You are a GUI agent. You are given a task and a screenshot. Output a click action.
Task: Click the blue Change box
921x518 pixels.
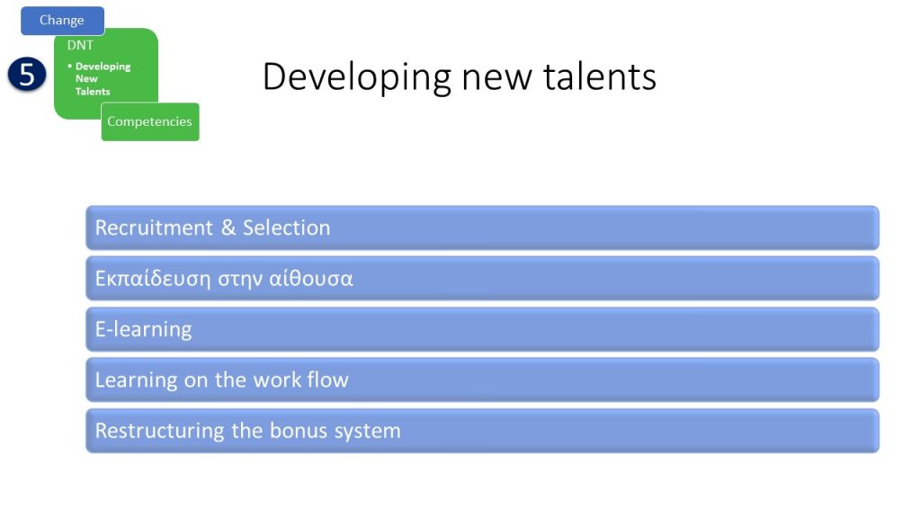pyautogui.click(x=62, y=21)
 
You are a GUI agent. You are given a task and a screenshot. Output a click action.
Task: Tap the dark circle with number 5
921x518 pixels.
pyautogui.click(x=27, y=75)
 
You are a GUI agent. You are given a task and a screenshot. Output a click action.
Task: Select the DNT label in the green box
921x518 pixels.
pyautogui.click(x=80, y=45)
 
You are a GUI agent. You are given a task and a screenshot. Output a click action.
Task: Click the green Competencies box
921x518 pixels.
pyautogui.click(x=150, y=121)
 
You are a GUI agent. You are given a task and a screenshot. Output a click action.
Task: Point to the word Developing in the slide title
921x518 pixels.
pyautogui.click(x=356, y=77)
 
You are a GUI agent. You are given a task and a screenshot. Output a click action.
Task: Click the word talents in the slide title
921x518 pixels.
pyautogui.click(x=599, y=76)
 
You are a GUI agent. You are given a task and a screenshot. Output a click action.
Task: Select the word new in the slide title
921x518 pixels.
pyautogui.click(x=496, y=79)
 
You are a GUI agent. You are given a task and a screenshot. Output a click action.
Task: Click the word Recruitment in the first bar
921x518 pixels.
pyautogui.click(x=154, y=228)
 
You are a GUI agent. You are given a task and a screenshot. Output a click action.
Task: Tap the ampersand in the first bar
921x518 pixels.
pyautogui.click(x=228, y=228)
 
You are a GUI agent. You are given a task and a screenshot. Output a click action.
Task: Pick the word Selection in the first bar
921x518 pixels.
pyautogui.click(x=287, y=228)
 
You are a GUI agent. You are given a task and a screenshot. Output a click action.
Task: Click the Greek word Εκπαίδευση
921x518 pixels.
pyautogui.click(x=153, y=279)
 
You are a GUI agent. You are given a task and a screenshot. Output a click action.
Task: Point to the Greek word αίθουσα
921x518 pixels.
pyautogui.click(x=310, y=279)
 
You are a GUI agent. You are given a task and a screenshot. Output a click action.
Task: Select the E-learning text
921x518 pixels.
pyautogui.click(x=143, y=329)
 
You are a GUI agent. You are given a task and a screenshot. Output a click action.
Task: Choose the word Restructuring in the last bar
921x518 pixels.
pyautogui.click(x=160, y=431)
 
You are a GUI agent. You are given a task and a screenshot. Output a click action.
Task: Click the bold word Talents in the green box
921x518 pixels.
pyautogui.click(x=93, y=92)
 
